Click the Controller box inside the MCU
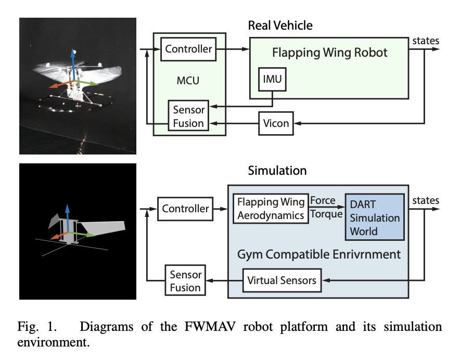188,49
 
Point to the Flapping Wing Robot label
330,53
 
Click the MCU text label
187,81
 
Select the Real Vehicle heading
280,25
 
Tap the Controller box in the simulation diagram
185,209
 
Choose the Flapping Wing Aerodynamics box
271,208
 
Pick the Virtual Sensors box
282,280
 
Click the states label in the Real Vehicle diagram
425,41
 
